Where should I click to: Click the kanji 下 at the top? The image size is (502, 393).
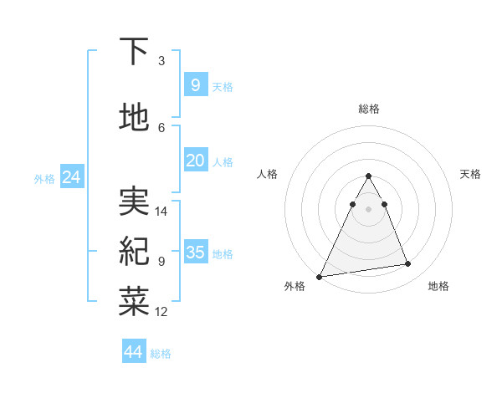[135, 52]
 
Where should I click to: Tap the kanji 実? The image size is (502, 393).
[135, 202]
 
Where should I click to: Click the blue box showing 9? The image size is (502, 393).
[195, 84]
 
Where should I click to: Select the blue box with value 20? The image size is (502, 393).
[195, 160]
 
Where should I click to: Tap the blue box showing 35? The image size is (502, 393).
[195, 252]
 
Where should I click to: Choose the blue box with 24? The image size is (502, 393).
[71, 176]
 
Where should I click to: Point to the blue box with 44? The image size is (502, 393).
[133, 352]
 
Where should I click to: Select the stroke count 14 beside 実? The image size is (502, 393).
[161, 211]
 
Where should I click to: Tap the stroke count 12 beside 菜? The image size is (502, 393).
[161, 311]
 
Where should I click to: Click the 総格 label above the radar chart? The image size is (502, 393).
[369, 109]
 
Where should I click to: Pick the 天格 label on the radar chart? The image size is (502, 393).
[470, 174]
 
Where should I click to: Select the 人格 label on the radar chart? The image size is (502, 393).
[268, 174]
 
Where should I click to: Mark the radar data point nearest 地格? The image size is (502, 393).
[408, 264]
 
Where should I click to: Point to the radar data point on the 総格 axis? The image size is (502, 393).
[369, 176]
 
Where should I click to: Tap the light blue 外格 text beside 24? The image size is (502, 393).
[44, 178]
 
